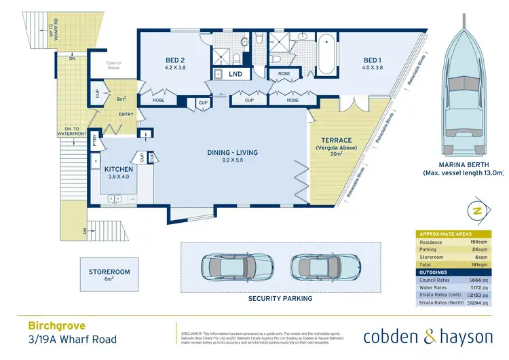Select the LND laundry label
[x=236, y=73]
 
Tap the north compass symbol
[x=476, y=211]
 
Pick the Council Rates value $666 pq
[x=479, y=280]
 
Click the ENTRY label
[x=126, y=115]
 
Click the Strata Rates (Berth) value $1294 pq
[x=478, y=303]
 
